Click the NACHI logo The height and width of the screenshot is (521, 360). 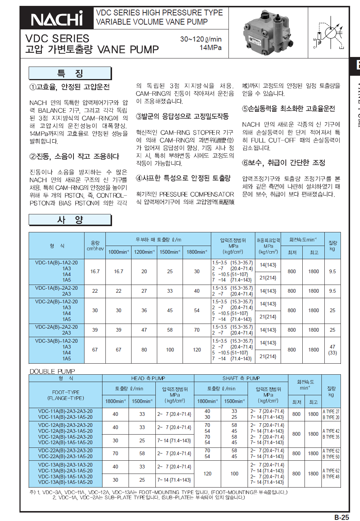click(57, 19)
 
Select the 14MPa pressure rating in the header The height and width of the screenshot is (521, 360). click(210, 48)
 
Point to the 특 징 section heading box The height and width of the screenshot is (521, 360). click(70, 73)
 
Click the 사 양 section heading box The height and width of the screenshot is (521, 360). click(70, 220)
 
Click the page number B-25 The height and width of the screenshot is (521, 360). click(341, 517)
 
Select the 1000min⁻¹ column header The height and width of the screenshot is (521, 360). click(118, 252)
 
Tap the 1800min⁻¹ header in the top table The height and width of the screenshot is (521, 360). click(197, 252)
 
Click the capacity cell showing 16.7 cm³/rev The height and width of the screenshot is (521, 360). click(95, 271)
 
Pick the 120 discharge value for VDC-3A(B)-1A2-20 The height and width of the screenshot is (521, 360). click(197, 350)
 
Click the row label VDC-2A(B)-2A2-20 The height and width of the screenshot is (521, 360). click(57, 327)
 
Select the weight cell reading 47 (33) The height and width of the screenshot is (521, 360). click(332, 350)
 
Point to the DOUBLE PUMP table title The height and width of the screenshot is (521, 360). click(52, 371)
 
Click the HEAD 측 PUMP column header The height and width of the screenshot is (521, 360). click(148, 378)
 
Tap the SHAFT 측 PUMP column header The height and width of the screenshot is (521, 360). click(241, 378)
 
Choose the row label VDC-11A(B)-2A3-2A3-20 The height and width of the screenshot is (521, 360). click(65, 411)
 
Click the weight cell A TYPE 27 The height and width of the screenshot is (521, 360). click(331, 411)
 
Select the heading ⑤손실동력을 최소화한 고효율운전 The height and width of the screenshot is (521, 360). click(288, 108)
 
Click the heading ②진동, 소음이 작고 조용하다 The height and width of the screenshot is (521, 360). click(74, 156)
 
